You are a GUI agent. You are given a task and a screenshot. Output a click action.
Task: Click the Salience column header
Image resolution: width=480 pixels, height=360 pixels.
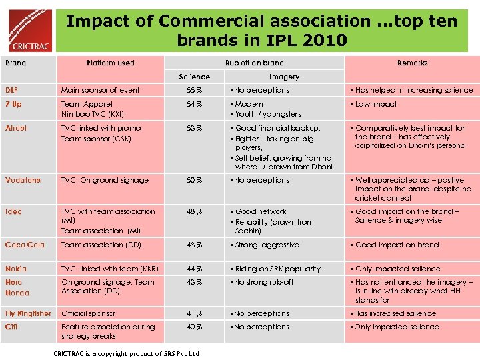(194, 77)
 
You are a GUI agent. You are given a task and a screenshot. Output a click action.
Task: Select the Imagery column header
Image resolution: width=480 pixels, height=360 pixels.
(284, 77)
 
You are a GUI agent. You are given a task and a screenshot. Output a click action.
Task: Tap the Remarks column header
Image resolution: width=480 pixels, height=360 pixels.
(412, 63)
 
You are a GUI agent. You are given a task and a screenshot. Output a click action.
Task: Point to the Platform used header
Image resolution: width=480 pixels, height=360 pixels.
(111, 63)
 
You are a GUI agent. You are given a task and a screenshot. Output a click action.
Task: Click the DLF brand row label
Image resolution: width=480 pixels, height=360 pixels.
(12, 90)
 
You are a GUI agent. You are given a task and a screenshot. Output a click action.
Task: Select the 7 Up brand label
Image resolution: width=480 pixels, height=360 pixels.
(13, 104)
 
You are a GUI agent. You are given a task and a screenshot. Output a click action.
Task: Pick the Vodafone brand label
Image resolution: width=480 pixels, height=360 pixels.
(23, 180)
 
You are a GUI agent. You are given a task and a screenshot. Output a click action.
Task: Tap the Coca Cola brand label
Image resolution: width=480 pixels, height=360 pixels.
(25, 245)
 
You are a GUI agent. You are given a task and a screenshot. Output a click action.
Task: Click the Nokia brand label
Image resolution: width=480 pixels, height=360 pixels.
(16, 269)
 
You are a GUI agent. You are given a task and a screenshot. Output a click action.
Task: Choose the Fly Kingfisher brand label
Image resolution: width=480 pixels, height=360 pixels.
(28, 313)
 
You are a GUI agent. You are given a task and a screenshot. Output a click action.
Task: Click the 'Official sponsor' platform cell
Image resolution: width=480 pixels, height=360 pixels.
(88, 313)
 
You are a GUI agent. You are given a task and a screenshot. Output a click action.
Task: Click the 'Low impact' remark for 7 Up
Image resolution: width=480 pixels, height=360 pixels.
(375, 104)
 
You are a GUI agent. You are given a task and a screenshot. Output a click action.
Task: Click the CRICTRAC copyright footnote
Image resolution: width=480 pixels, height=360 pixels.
(126, 353)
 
